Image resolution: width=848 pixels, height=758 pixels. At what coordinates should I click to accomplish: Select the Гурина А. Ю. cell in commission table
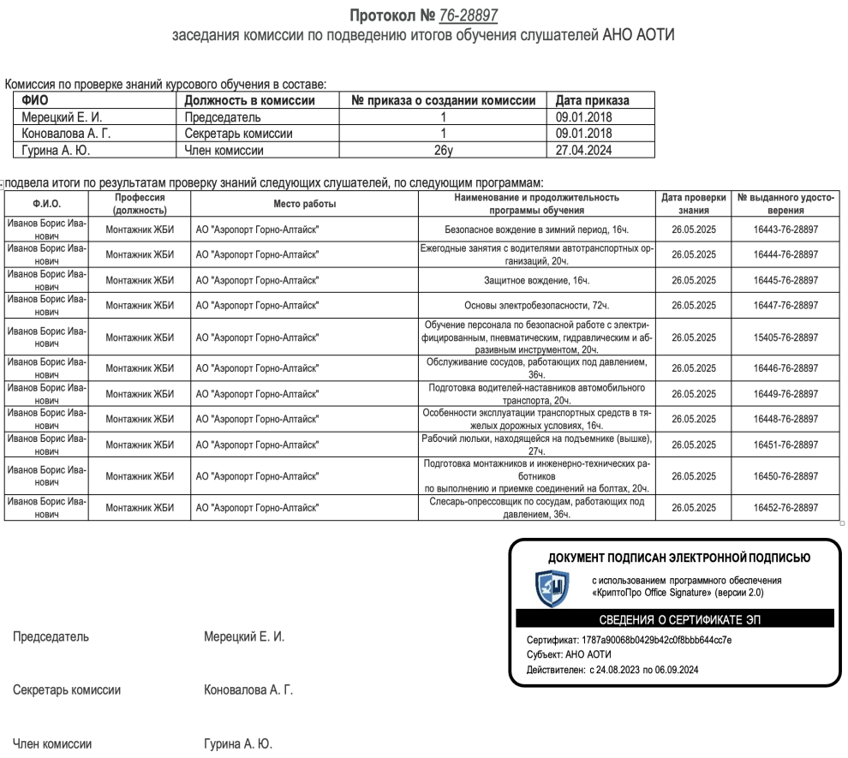click(x=57, y=151)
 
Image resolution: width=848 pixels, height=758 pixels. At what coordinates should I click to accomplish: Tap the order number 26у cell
click(x=443, y=151)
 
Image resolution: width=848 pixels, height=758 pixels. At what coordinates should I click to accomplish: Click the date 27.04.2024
click(x=583, y=151)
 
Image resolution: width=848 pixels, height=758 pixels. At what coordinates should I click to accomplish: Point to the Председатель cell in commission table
click(x=217, y=117)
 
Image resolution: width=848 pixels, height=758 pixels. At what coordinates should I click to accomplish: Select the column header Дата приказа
click(x=593, y=101)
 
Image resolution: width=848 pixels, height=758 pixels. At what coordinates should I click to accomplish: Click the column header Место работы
click(x=304, y=204)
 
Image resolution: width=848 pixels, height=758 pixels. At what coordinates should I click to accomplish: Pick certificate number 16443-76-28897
click(x=785, y=230)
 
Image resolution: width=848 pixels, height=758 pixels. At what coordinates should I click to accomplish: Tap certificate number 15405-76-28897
click(x=785, y=337)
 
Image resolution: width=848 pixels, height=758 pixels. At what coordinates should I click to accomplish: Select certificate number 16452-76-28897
click(x=785, y=508)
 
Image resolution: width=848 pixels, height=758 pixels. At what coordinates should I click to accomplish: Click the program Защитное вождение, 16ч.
click(x=538, y=279)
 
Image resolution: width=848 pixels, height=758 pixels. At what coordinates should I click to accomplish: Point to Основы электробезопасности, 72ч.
click(x=538, y=304)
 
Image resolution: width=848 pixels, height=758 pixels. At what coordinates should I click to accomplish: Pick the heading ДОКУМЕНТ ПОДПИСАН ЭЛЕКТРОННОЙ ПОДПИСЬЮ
click(x=678, y=558)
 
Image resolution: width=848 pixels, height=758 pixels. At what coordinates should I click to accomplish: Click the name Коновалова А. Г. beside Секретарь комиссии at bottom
click(x=248, y=690)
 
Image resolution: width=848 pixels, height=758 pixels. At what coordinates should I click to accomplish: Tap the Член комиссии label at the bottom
click(x=52, y=744)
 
